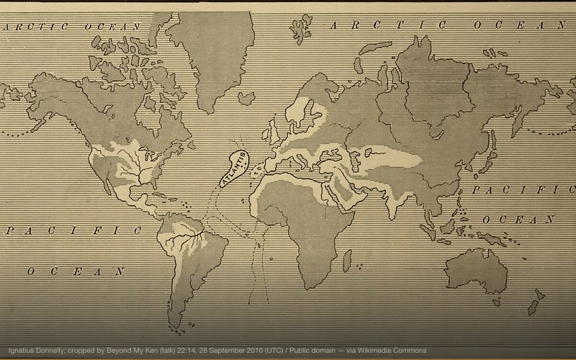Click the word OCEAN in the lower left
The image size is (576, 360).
[76, 271]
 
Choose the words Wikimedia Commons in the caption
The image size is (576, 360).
[399, 350]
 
